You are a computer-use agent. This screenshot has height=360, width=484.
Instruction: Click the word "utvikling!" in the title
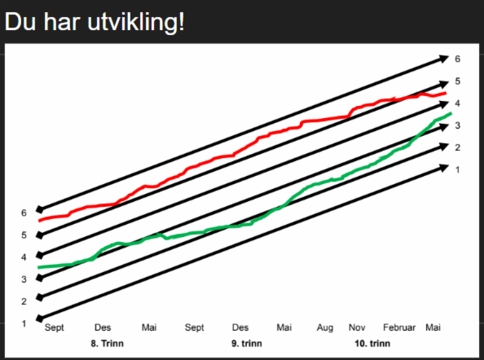[136, 22]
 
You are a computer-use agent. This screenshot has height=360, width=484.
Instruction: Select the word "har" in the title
[61, 22]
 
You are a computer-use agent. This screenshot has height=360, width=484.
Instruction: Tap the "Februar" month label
[399, 327]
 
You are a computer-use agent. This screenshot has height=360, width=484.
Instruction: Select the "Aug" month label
[325, 328]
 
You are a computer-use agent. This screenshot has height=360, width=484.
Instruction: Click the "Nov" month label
[357, 327]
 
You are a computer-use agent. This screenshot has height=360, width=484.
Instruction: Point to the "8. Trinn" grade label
[107, 344]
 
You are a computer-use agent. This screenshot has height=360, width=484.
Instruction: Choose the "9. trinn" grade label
[247, 344]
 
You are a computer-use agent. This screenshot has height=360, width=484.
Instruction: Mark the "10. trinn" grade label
[372, 344]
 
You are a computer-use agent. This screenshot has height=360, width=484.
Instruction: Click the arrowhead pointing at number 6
[444, 59]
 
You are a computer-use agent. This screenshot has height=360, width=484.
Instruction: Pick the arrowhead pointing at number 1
[444, 168]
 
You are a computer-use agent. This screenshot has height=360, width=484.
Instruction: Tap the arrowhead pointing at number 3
[444, 127]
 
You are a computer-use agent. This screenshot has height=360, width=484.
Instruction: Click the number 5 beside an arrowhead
[457, 81]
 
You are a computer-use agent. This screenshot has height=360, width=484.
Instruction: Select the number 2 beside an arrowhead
[457, 147]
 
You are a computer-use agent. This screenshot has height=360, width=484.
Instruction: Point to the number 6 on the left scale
[24, 213]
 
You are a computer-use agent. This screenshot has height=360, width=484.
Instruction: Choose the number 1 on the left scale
[24, 323]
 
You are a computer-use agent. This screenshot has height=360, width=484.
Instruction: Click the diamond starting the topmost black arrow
[40, 209]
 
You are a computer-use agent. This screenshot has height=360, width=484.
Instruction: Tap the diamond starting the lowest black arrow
[40, 318]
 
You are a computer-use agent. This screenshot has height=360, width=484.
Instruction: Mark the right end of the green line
[451, 113]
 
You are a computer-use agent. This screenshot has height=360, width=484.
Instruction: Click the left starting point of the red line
[39, 221]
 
